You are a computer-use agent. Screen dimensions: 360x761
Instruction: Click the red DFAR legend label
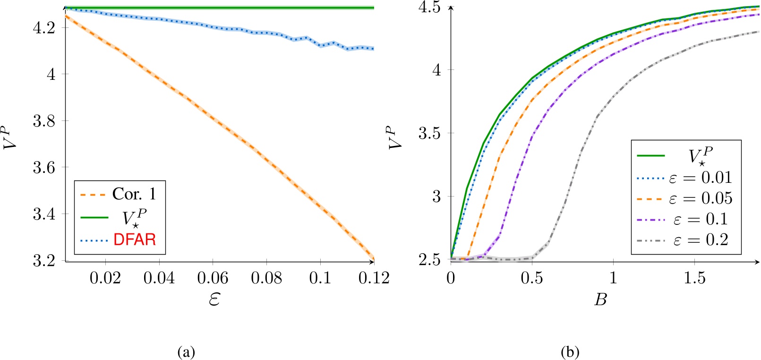[135, 240]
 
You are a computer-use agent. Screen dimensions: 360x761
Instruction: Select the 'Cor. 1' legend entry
[134, 194]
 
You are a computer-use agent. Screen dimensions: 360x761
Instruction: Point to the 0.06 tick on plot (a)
[213, 278]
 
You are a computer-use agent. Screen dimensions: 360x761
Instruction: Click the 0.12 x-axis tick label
[374, 278]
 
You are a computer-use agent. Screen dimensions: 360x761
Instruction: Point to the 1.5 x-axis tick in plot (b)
[694, 278]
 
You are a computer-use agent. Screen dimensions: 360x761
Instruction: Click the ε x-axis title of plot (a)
[214, 300]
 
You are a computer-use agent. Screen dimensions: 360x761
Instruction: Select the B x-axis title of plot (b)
[600, 300]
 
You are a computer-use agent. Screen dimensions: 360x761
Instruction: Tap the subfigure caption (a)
[186, 352]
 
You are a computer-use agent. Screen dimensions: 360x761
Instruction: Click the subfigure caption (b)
[570, 352]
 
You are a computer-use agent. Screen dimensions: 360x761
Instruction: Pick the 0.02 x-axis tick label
[105, 278]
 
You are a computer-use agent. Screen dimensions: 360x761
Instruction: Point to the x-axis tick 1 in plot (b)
[613, 278]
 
